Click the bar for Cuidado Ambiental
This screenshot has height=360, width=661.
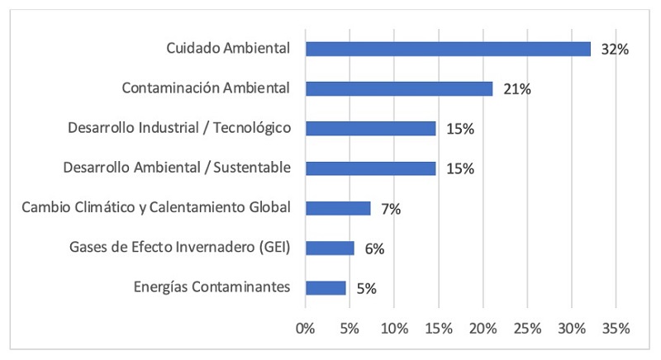448,49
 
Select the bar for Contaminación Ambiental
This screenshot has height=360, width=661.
399,88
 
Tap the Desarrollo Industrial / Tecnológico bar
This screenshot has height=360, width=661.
370,128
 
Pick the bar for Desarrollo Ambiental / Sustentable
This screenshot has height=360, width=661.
370,168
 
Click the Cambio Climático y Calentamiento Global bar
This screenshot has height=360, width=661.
338,208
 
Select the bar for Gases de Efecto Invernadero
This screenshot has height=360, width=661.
330,248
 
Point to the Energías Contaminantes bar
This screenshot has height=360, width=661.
326,287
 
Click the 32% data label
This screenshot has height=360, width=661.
615,50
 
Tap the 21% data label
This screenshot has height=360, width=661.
516,89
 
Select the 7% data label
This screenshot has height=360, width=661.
391,209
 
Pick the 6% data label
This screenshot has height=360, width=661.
374,249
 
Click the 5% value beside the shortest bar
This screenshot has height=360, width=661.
366,288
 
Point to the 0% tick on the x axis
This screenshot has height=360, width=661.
306,328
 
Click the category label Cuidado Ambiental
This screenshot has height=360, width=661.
228,49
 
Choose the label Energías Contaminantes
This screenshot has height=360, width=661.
212,287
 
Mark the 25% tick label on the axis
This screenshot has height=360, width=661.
527,328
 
